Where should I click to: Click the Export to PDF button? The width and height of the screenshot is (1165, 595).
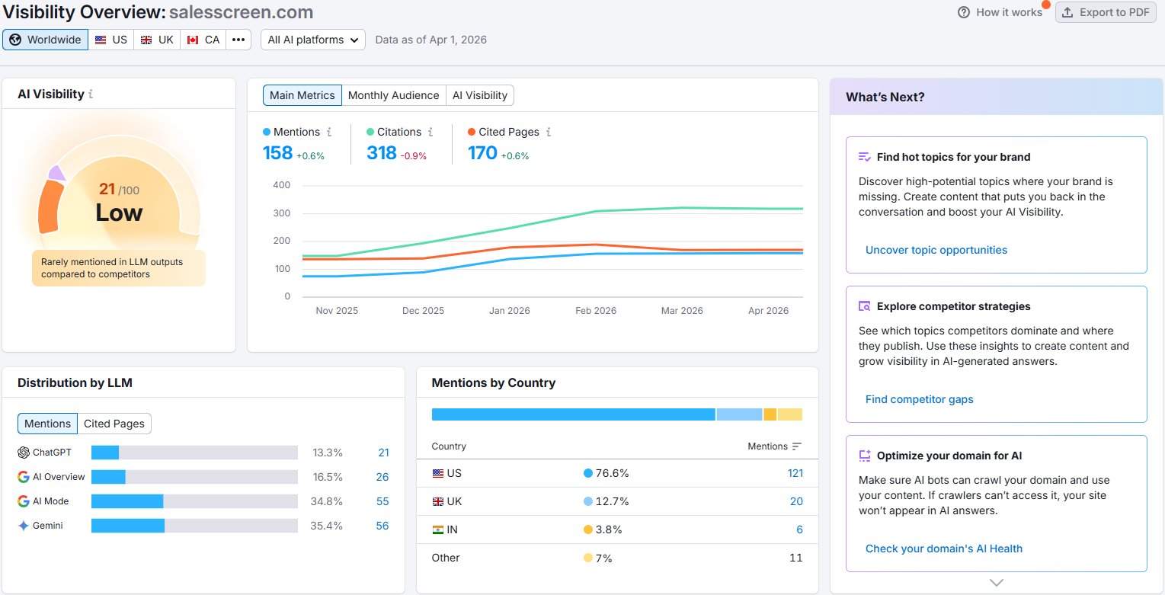click(1105, 12)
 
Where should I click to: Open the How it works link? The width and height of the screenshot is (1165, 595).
click(1000, 12)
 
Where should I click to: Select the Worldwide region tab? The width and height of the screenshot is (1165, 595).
click(46, 40)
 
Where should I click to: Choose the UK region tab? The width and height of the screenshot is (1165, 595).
click(157, 40)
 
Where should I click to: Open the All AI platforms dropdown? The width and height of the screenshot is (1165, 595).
click(312, 40)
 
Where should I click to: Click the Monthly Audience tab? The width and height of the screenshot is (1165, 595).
click(393, 95)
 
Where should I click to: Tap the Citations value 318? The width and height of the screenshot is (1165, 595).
click(381, 153)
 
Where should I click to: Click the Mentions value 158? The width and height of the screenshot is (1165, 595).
click(277, 153)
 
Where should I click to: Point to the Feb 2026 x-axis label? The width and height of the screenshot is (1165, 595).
click(595, 311)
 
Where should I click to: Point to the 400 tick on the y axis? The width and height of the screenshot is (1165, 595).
click(281, 185)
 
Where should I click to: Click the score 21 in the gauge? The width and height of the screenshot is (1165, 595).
click(107, 189)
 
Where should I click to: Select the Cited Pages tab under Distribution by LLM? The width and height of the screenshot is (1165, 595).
click(114, 424)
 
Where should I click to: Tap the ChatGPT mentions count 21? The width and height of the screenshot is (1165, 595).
click(383, 453)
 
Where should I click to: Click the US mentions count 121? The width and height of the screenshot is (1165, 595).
click(795, 473)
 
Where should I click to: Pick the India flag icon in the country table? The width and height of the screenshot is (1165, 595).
click(438, 529)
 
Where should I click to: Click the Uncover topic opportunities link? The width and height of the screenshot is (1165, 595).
click(936, 250)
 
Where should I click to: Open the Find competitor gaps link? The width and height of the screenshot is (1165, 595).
click(919, 399)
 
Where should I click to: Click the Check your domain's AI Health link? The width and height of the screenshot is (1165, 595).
click(943, 549)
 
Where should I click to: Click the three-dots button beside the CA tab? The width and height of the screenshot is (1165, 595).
click(238, 40)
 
